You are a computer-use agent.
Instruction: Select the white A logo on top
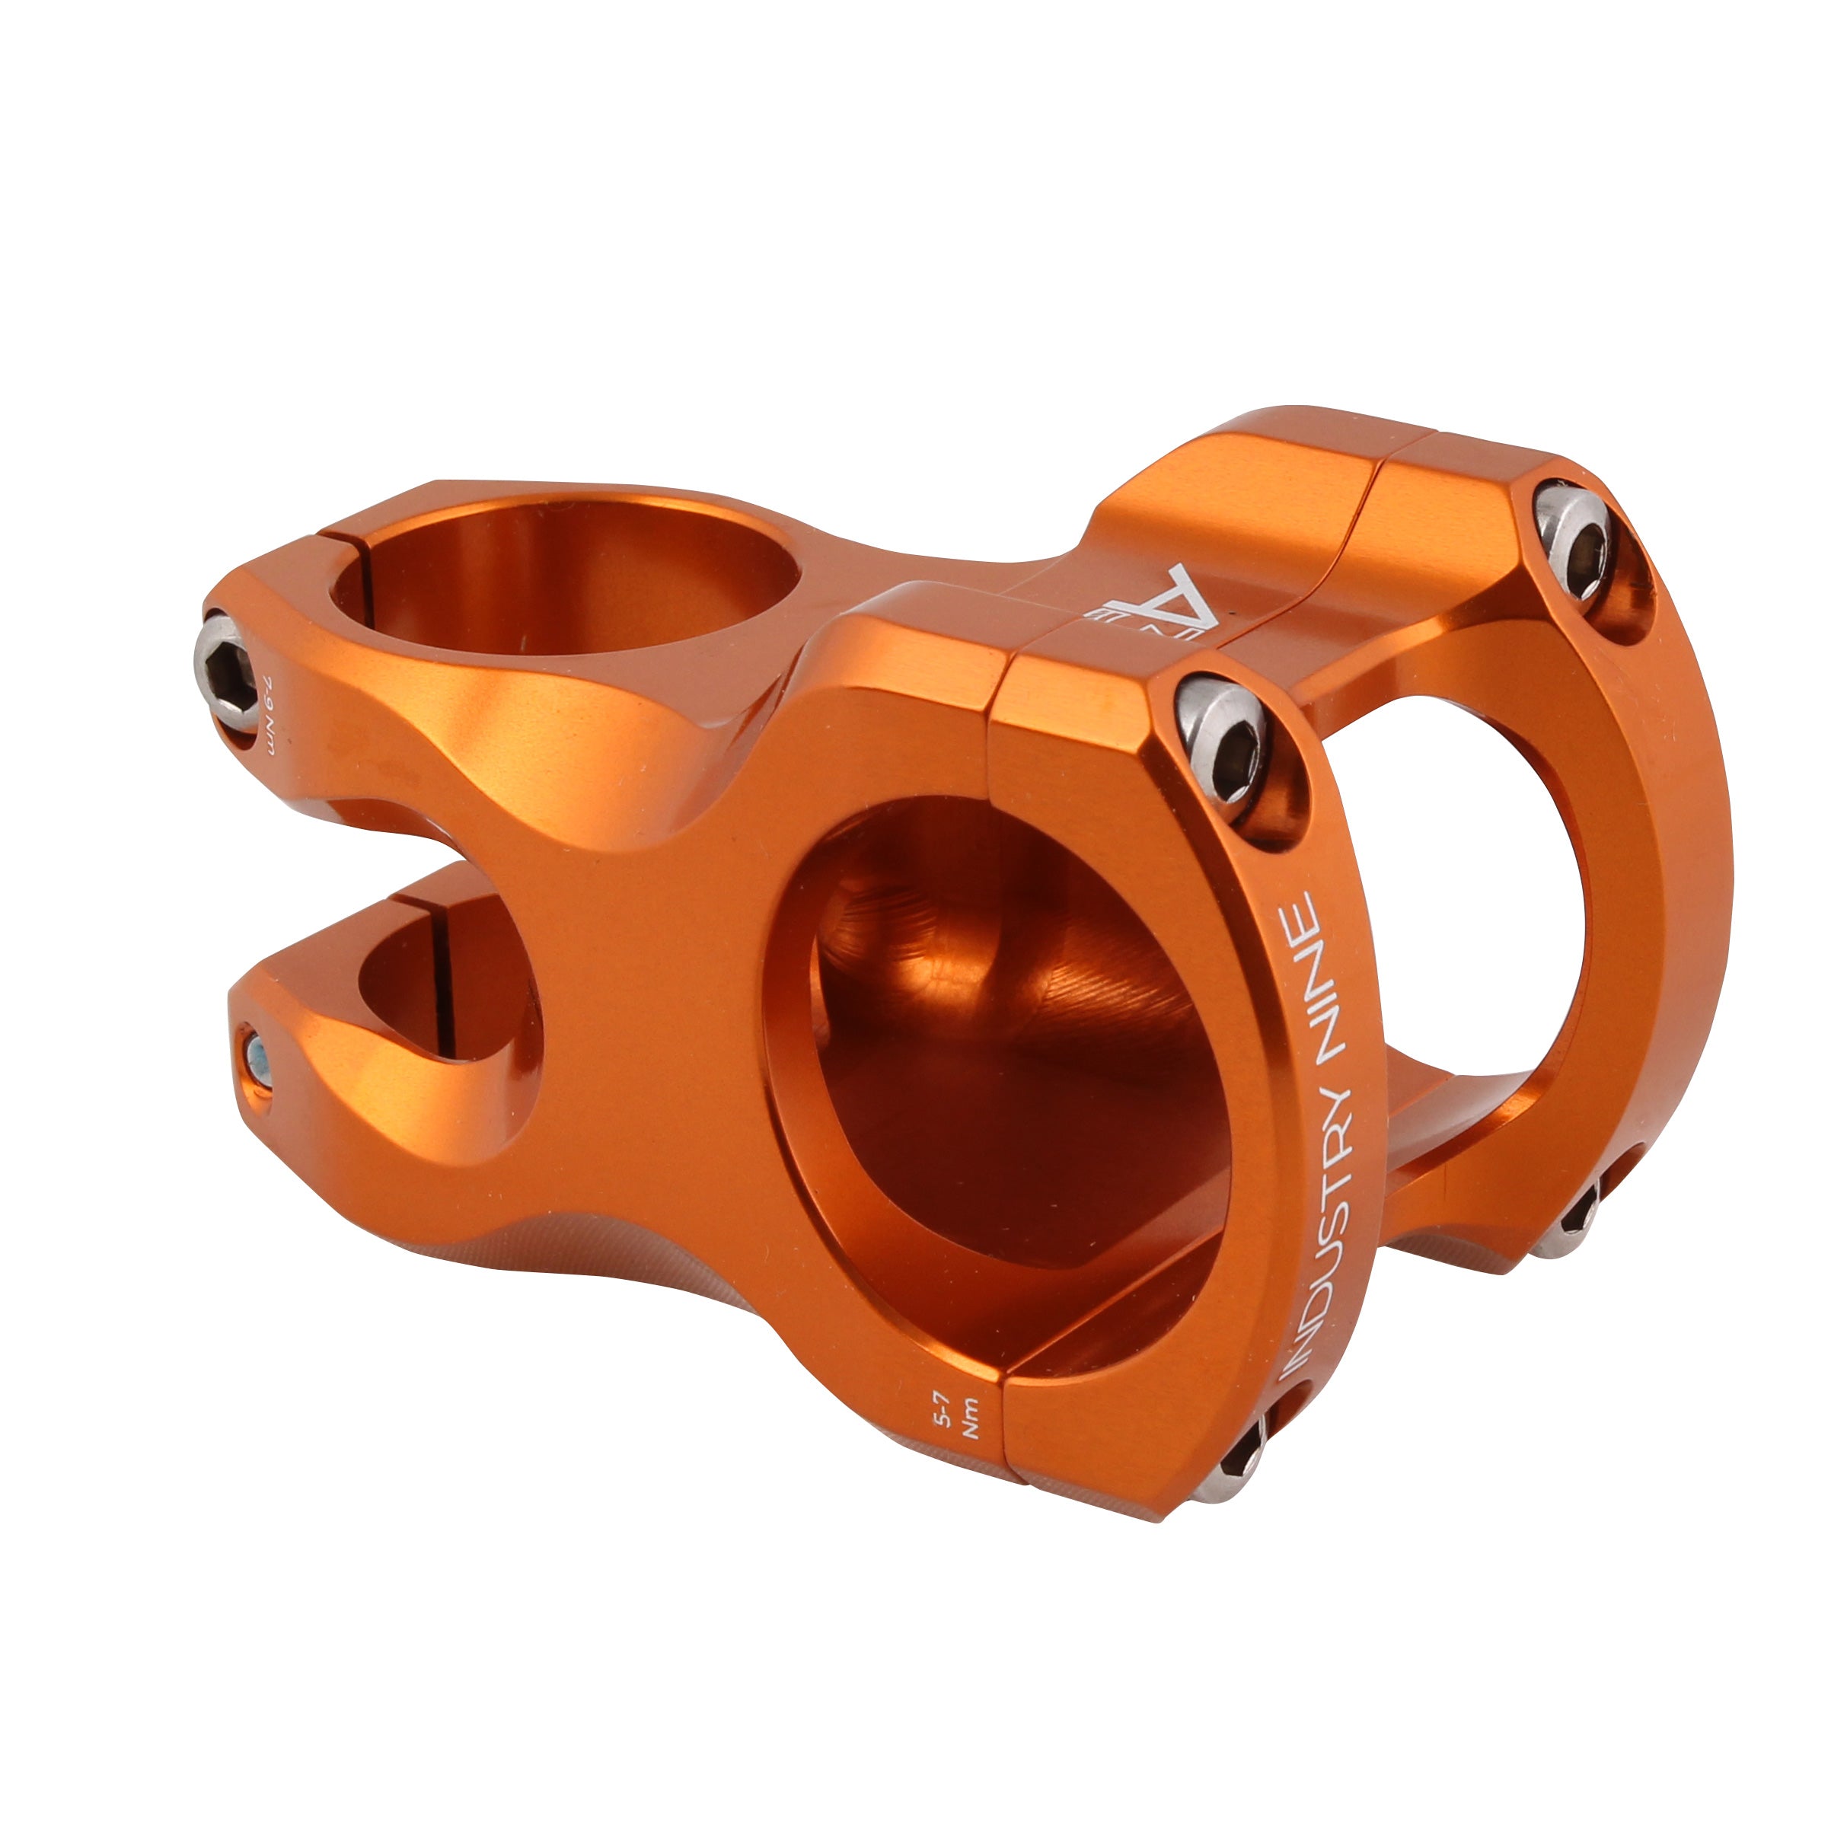tap(1172, 605)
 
